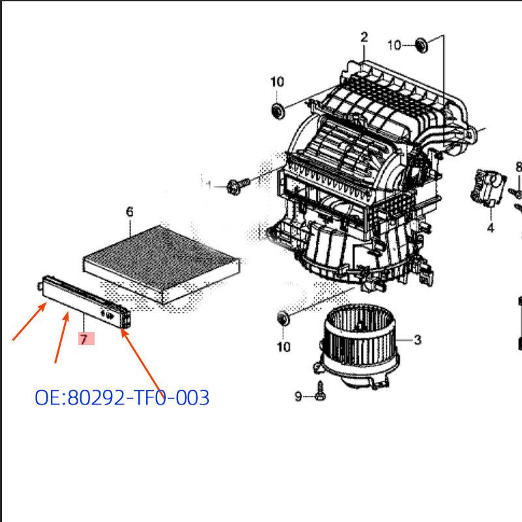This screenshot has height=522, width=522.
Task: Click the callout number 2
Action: pyautogui.click(x=363, y=37)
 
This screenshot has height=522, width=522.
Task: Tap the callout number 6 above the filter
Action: pyautogui.click(x=129, y=211)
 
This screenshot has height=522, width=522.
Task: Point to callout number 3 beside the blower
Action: pyautogui.click(x=417, y=339)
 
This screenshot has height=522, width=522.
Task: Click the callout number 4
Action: pyautogui.click(x=489, y=228)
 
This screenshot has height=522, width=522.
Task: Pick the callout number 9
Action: pyautogui.click(x=298, y=396)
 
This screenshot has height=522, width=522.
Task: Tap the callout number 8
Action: pyautogui.click(x=518, y=167)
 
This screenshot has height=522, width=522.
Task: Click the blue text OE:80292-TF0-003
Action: pyautogui.click(x=122, y=397)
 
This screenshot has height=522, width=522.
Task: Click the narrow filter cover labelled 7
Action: pyautogui.click(x=85, y=299)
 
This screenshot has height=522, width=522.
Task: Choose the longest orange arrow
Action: pyautogui.click(x=141, y=360)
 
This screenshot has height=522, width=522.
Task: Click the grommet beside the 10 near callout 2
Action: pyautogui.click(x=421, y=44)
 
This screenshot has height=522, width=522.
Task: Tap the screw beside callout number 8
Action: pyautogui.click(x=516, y=192)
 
